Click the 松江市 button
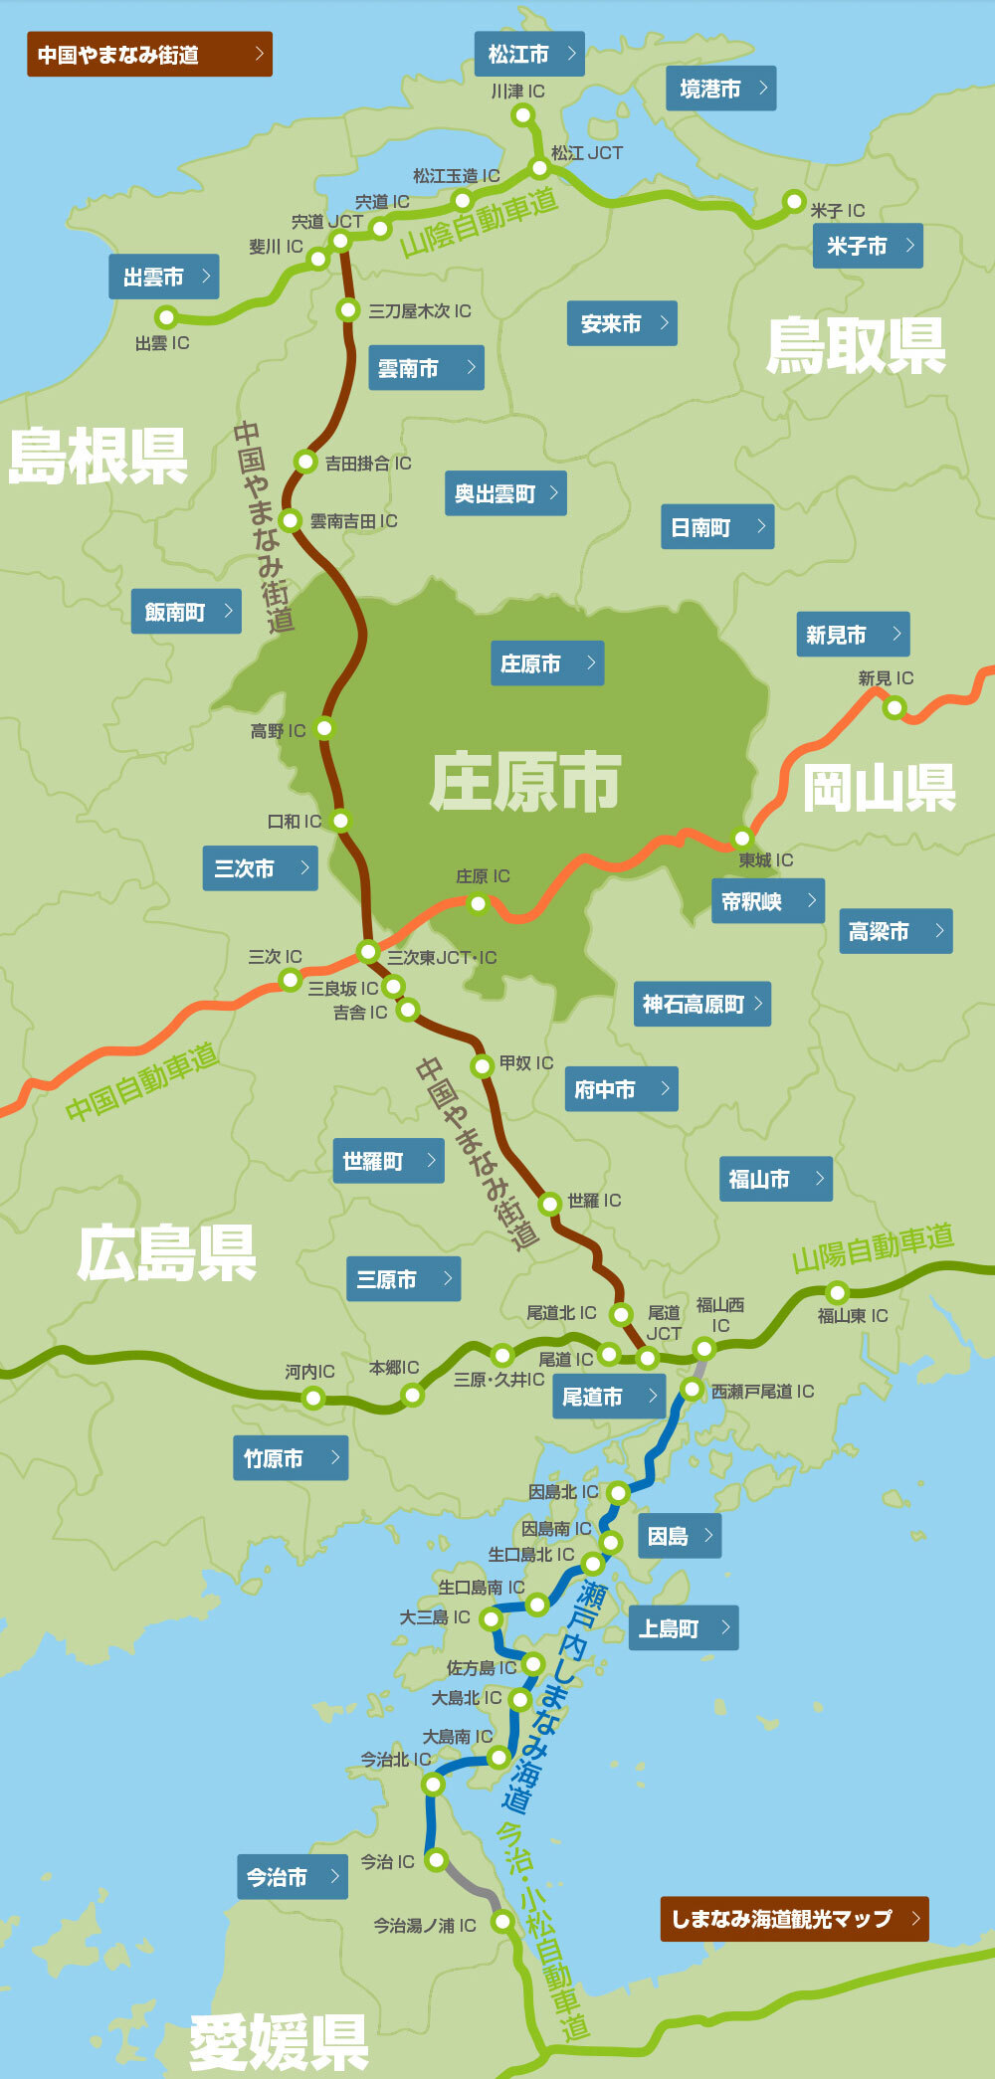529,54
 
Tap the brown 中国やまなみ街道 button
149,55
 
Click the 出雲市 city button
163,277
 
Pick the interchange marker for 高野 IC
324,728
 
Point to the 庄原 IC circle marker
479,903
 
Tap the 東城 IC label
765,859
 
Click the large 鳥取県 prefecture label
855,346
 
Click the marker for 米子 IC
794,202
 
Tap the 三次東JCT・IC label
441,957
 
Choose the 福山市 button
775,1179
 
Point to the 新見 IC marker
895,707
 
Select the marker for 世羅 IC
550,1204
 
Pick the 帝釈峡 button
767,901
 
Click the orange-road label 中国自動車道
141,1082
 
